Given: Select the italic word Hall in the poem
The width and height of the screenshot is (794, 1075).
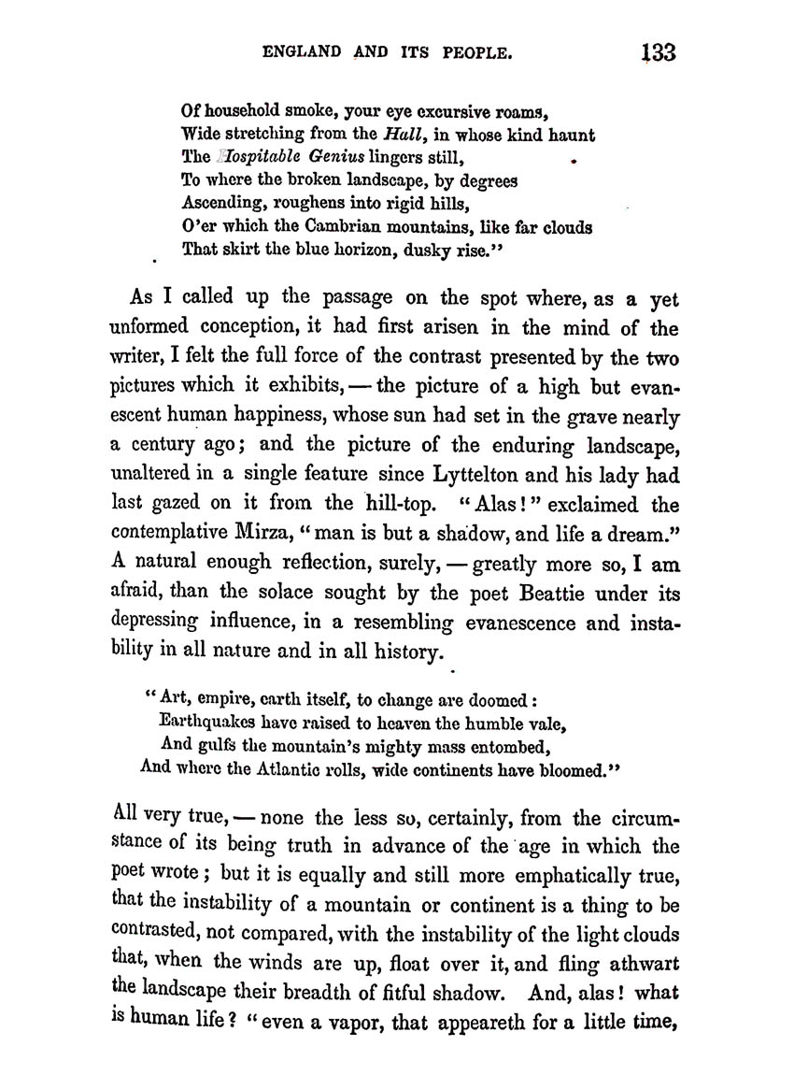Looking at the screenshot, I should point(404,135).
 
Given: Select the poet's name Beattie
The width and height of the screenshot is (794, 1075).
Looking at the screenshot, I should point(531,593).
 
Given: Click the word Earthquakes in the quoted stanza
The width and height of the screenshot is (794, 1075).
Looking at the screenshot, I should point(213,723).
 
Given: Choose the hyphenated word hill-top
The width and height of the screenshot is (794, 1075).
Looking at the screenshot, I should point(398,505).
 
